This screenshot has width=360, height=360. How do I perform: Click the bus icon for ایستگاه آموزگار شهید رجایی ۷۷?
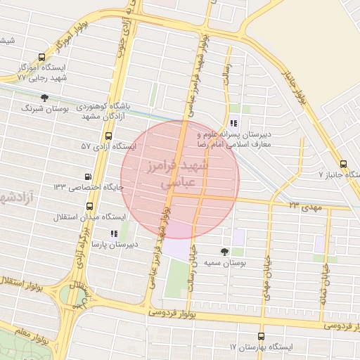[41, 58]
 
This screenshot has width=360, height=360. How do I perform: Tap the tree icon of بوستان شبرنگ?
[45, 97]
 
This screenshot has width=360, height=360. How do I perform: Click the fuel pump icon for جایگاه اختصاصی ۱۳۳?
[88, 176]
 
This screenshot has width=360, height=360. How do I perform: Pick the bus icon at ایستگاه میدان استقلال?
[89, 207]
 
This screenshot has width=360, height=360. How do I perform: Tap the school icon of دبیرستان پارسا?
[114, 233]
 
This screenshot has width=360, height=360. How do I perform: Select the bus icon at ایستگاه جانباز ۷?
[342, 162]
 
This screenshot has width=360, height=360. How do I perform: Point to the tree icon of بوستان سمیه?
[224, 251]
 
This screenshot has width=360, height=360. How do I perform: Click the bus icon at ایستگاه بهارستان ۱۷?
[262, 336]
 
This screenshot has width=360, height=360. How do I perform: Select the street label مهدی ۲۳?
[302, 205]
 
